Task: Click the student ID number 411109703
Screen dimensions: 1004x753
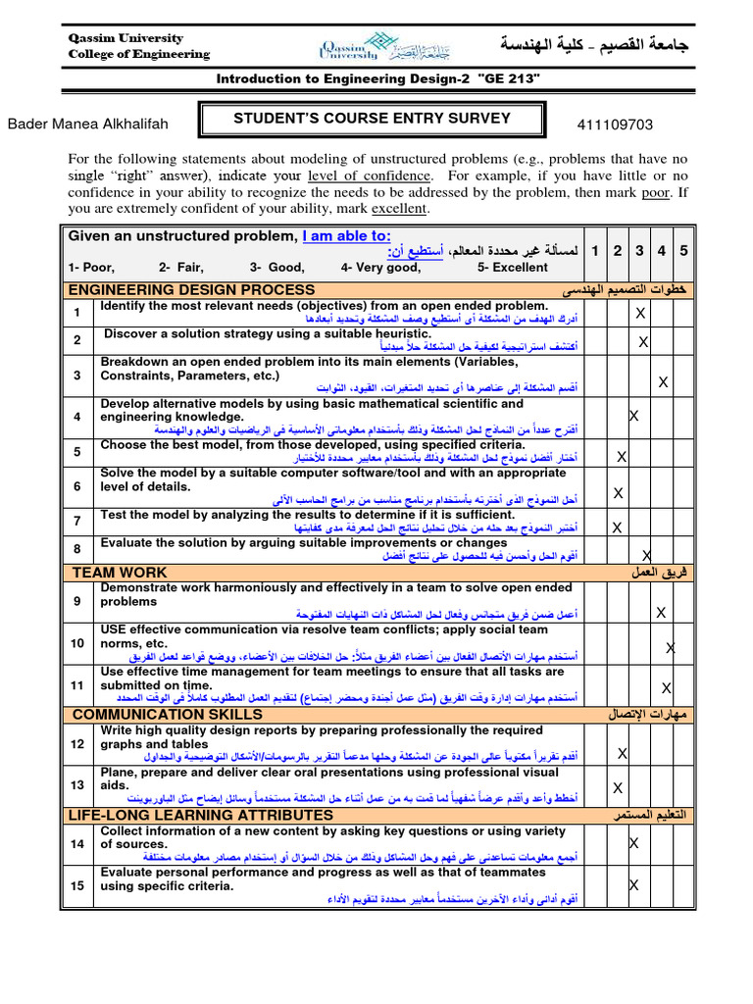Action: [616, 125]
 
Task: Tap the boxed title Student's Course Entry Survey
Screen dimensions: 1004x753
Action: [372, 119]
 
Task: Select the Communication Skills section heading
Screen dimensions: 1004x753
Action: [168, 714]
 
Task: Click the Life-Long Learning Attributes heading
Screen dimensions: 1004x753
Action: [201, 815]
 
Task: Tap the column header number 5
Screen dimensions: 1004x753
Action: [683, 251]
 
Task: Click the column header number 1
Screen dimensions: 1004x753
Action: [595, 251]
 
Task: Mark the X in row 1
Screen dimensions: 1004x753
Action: [640, 313]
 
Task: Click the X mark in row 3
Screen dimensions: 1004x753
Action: [663, 381]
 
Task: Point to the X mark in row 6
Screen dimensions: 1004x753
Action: [618, 492]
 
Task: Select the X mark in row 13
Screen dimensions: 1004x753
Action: [618, 787]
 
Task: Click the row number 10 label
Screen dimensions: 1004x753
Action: [76, 642]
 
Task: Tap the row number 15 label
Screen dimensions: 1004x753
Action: [76, 885]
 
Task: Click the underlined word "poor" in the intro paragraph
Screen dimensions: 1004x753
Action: [655, 192]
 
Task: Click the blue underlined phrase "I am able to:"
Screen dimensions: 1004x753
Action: [346, 235]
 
